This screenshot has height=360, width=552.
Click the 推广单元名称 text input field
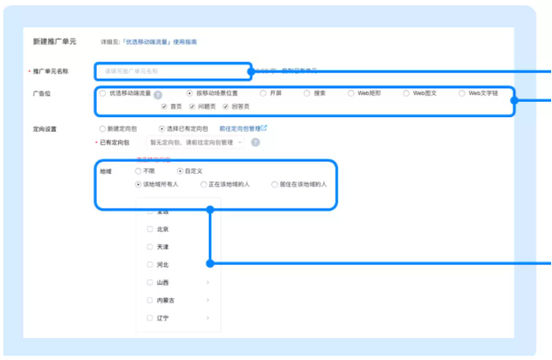(x=171, y=71)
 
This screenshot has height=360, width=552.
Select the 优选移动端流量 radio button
(x=104, y=92)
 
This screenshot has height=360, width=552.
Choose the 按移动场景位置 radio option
(x=190, y=92)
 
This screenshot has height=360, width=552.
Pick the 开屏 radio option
(x=263, y=92)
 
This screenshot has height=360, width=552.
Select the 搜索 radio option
(x=307, y=92)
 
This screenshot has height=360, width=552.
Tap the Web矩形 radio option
(x=351, y=92)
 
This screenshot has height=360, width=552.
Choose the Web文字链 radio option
(x=462, y=92)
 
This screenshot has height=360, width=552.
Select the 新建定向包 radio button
(x=102, y=128)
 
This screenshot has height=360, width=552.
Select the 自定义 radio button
(x=169, y=171)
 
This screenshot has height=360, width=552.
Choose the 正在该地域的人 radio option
(x=203, y=184)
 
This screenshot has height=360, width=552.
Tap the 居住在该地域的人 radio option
(x=274, y=184)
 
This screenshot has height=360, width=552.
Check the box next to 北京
(x=150, y=229)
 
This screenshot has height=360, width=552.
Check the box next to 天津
(x=150, y=247)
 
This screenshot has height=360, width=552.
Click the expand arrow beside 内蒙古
(x=208, y=300)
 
